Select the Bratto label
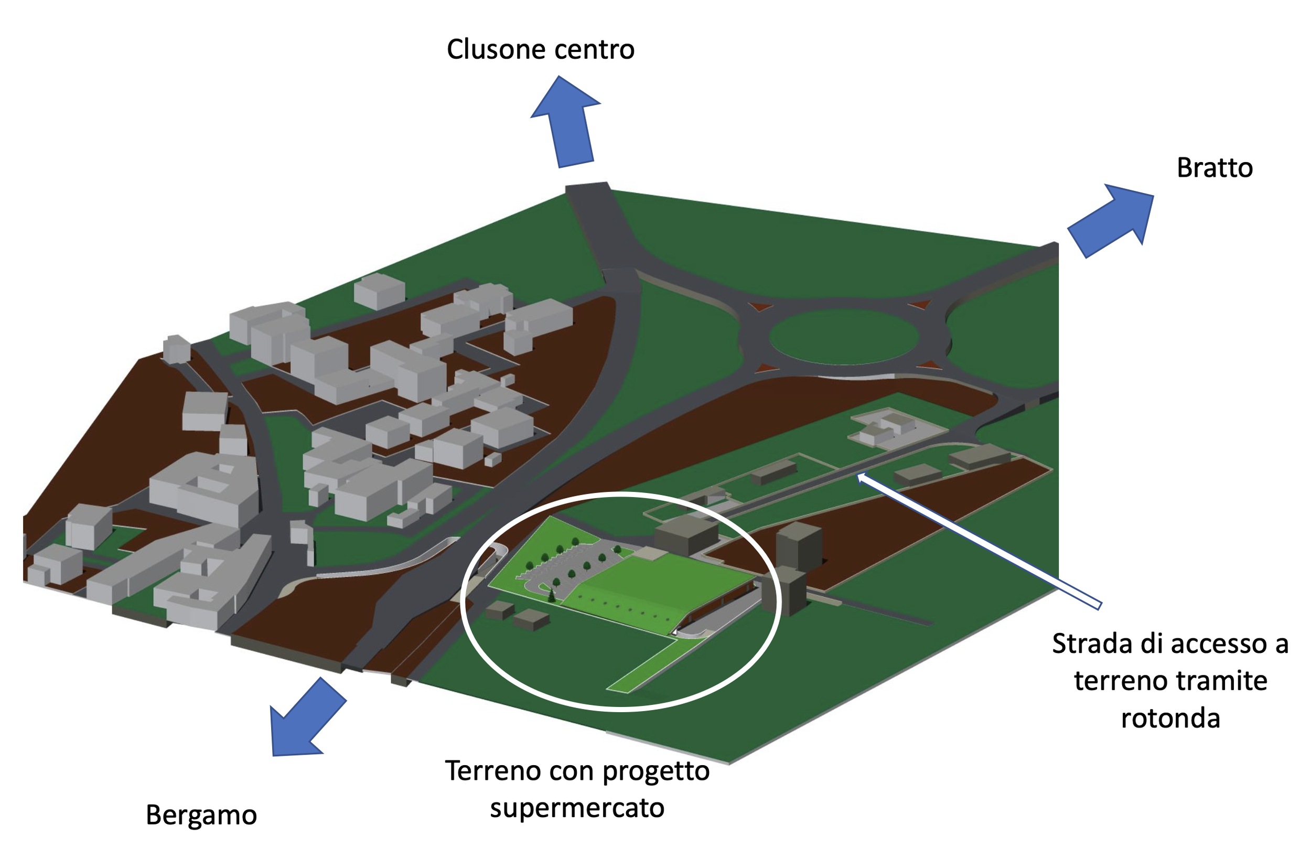1214,167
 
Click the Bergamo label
201,815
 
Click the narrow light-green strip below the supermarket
650,666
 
